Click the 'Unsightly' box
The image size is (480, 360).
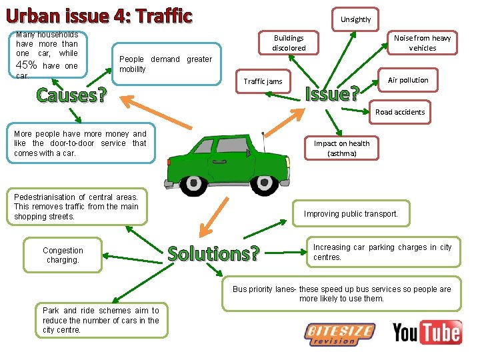[x=355, y=19]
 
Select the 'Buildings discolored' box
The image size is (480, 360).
[x=289, y=43]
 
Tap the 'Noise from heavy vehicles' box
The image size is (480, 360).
[x=422, y=43]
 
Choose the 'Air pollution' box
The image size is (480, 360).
[x=408, y=80]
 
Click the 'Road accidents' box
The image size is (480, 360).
[x=399, y=112]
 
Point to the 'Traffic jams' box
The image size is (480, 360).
[x=263, y=81]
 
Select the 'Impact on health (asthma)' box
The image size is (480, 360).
[x=341, y=148]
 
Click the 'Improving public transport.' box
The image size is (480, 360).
[x=351, y=214]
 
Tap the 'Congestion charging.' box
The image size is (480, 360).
[x=63, y=255]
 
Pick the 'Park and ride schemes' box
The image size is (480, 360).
[x=101, y=320]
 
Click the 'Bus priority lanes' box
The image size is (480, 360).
[x=341, y=294]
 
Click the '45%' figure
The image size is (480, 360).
[x=26, y=65]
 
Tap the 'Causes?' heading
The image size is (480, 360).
[x=71, y=95]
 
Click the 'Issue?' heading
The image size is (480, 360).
[x=332, y=93]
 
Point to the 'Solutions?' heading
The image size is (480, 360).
[x=213, y=254]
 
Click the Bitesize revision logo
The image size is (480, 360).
[x=339, y=333]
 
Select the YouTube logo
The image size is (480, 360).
[x=427, y=331]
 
